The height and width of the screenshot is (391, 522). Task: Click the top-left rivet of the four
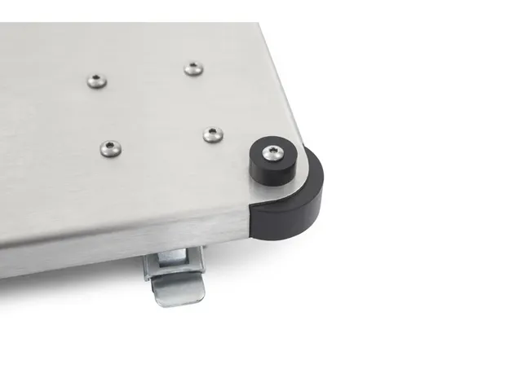[97, 79]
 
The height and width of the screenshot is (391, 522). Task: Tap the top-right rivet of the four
[193, 68]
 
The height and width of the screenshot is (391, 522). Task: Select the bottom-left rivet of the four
[109, 147]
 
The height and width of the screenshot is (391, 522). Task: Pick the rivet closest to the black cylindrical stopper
[213, 134]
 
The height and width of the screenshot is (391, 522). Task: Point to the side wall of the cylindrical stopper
[268, 172]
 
